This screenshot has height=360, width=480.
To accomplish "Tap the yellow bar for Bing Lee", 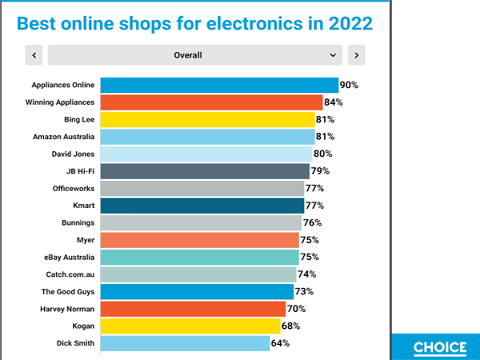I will (x=207, y=120).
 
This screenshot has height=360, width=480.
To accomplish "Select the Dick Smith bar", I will (x=185, y=343).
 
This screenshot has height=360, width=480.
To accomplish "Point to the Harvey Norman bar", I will (x=193, y=309).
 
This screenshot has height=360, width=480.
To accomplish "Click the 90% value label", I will (x=349, y=85).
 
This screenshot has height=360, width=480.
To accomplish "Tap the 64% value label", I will (x=280, y=343).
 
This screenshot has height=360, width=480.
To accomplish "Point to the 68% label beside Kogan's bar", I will (x=292, y=326).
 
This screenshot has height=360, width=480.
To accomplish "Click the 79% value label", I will (x=320, y=171).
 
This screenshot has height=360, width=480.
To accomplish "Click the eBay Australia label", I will (x=69, y=258).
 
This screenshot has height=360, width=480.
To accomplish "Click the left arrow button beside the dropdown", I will (x=34, y=55).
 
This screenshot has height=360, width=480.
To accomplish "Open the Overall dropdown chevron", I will (x=334, y=55).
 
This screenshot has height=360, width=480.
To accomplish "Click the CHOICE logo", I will (x=440, y=347).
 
